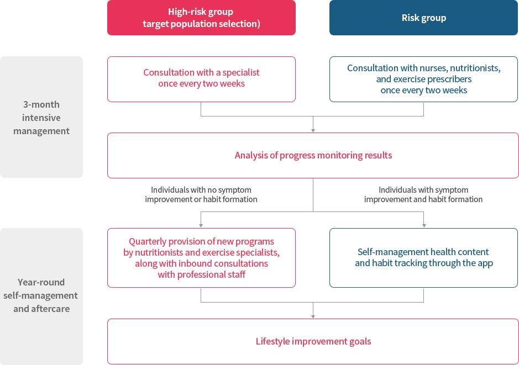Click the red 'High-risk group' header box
[201, 18]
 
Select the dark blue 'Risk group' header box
[423, 18]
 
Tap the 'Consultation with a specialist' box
[201, 78]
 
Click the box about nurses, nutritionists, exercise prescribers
[423, 78]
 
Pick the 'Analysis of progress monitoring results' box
[313, 155]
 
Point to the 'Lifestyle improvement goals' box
[313, 341]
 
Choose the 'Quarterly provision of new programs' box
[201, 258]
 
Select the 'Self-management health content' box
[423, 258]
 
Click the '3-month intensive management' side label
[41, 118]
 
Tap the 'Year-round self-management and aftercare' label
[41, 295]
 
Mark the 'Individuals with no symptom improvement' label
[201, 194]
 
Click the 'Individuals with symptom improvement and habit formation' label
[423, 194]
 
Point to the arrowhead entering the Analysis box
[313, 130]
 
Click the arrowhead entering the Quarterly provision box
[201, 225]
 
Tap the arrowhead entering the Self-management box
[424, 225]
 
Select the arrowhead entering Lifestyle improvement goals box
[313, 316]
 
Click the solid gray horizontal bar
[312, 296]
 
